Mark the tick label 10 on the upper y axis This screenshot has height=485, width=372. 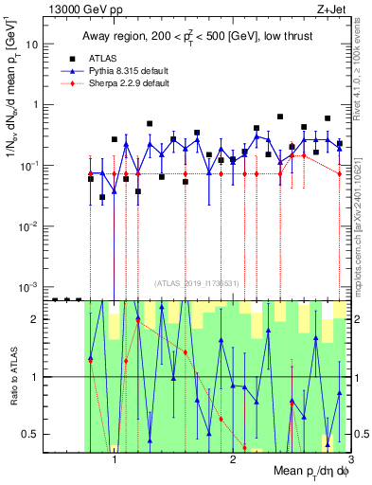(35, 45)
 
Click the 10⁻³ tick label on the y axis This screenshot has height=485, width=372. (31, 286)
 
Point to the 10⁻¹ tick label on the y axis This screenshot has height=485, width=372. (31, 166)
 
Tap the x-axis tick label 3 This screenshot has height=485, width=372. (348, 463)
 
